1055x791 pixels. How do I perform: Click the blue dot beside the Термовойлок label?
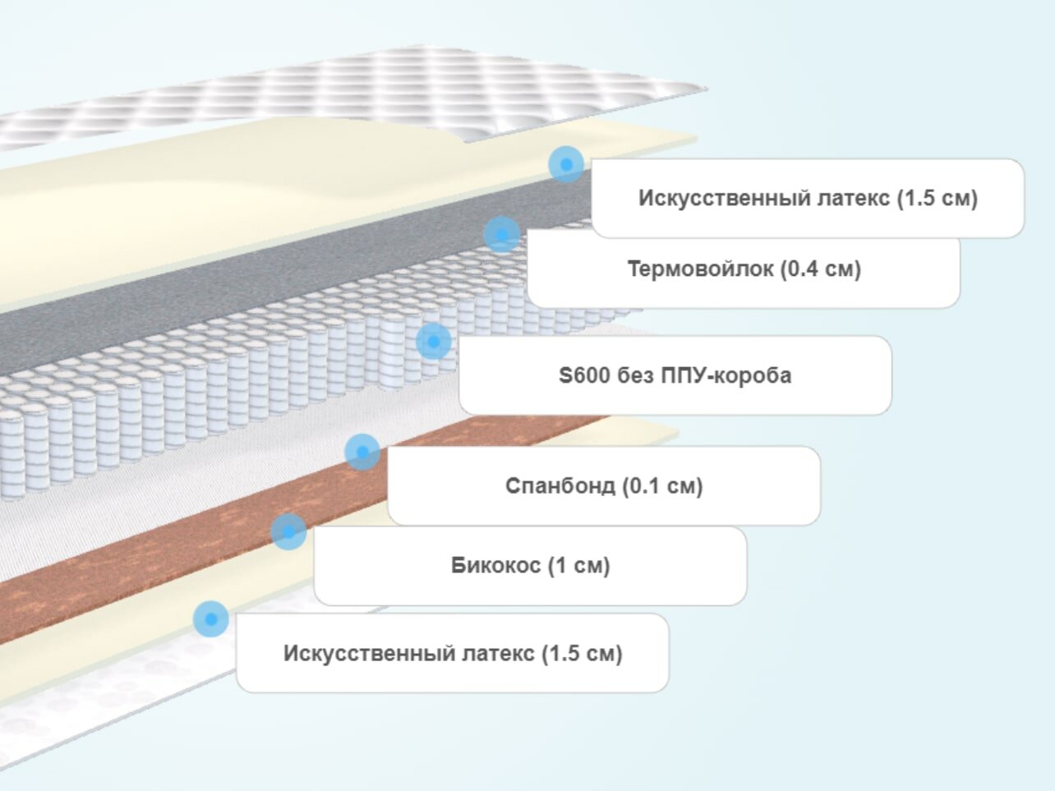501,235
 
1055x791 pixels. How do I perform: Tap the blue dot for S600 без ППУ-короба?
433,341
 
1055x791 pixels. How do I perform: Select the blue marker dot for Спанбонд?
362,452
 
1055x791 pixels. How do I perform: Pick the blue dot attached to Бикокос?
288,531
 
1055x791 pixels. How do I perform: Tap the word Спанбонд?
560,485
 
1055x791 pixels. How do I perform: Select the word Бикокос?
495,565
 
